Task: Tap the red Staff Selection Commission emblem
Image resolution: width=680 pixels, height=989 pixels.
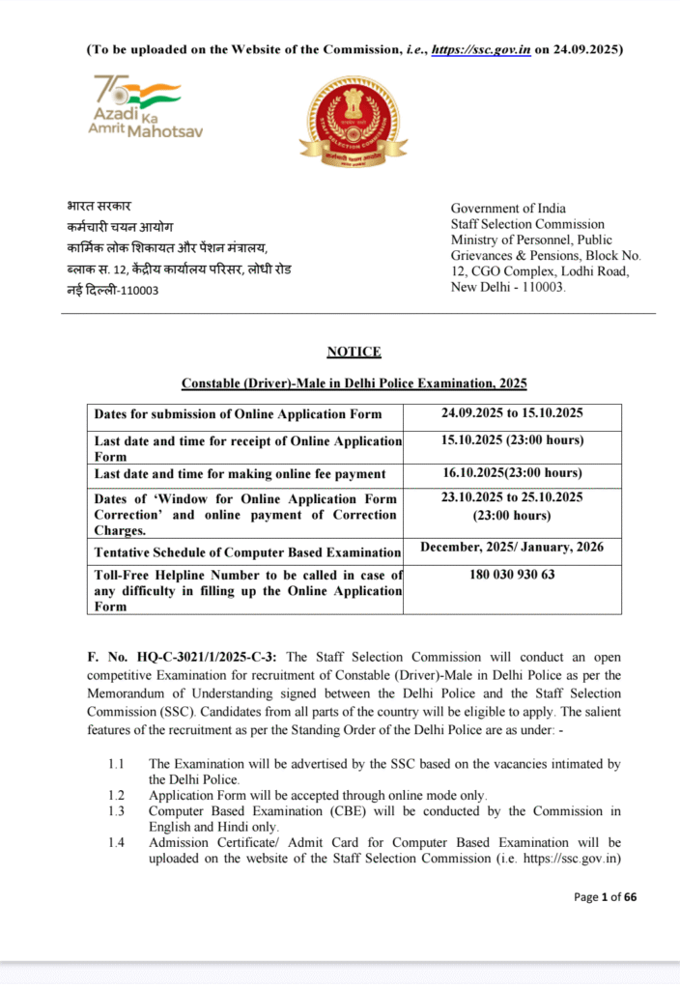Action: coord(352,120)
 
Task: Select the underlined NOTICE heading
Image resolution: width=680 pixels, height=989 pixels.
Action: coord(354,352)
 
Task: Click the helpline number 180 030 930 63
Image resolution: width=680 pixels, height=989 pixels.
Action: coord(512,574)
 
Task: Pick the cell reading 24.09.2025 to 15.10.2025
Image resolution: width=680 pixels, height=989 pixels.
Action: coord(512,413)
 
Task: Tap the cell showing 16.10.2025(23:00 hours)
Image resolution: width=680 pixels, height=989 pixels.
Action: coord(512,472)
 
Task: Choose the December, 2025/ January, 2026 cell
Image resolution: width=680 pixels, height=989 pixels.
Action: coord(512,548)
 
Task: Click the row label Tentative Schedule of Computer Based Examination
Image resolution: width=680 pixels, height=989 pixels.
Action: coord(247,552)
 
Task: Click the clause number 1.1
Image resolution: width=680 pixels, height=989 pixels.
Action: coord(116,764)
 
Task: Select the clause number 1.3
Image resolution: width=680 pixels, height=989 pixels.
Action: coord(116,811)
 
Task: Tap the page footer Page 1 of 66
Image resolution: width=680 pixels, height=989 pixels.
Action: coord(605,896)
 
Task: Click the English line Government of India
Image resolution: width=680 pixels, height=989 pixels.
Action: coord(508,209)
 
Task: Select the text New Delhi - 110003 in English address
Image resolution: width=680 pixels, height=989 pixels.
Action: coord(509,288)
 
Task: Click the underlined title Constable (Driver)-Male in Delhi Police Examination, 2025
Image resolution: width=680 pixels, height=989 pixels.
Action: coord(354,383)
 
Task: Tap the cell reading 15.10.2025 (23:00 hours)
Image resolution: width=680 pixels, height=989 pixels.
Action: coord(512,440)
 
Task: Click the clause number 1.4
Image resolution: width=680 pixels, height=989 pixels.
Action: coord(116,843)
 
